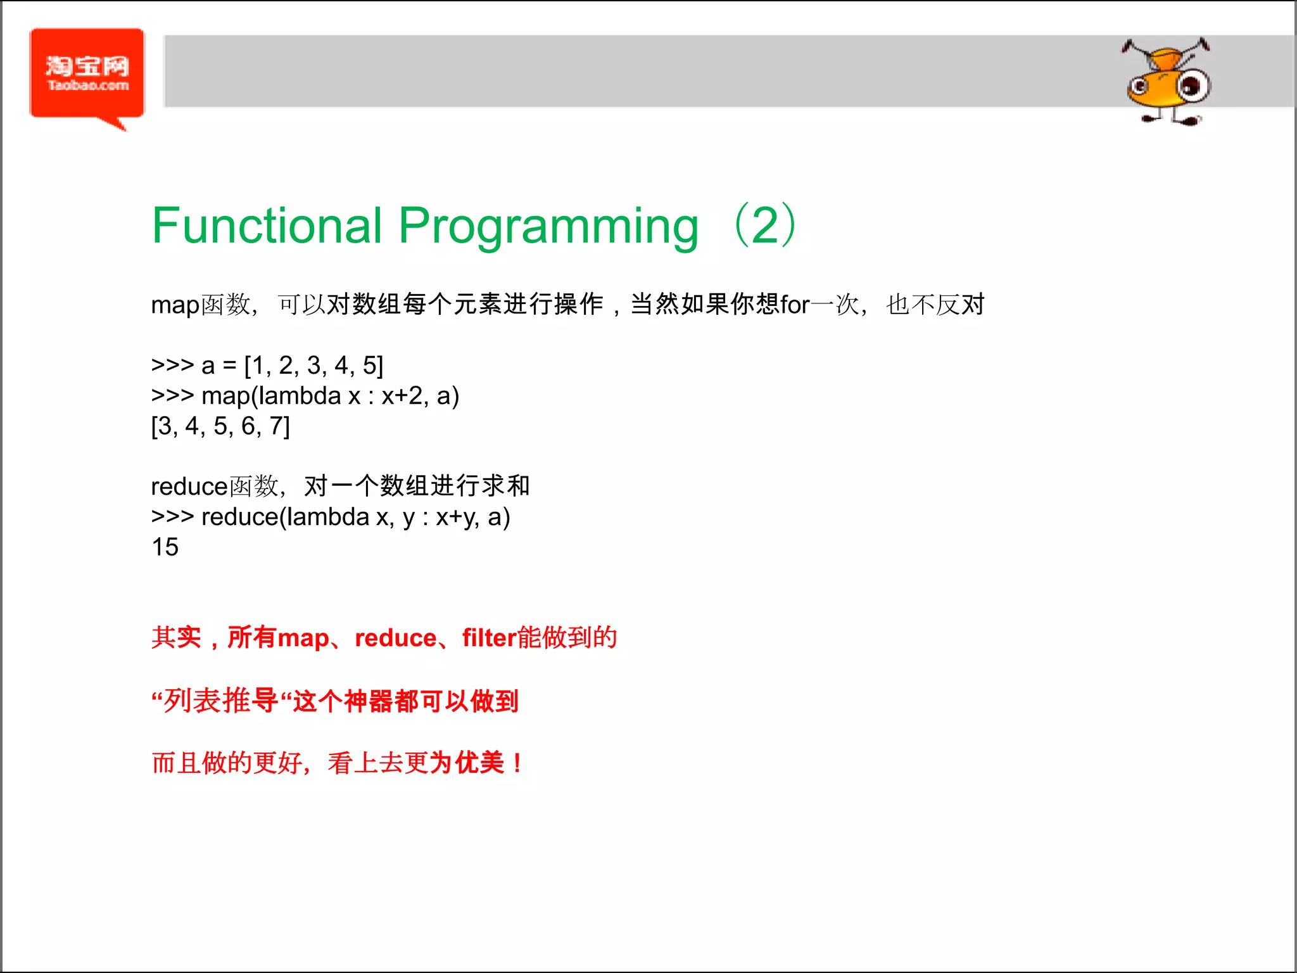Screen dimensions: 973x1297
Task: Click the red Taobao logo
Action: pyautogui.click(x=87, y=75)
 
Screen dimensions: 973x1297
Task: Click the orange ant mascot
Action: pyautogui.click(x=1167, y=82)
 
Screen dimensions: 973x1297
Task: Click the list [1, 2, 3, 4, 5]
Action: pyautogui.click(x=314, y=366)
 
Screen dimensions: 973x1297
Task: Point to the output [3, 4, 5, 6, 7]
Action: pyautogui.click(x=220, y=426)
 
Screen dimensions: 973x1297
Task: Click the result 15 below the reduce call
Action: pyautogui.click(x=165, y=547)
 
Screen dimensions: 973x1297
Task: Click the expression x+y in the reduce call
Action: pyautogui.click(x=456, y=518)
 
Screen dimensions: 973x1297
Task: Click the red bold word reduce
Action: pyautogui.click(x=395, y=638)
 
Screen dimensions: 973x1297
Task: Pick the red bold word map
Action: pyautogui.click(x=303, y=638)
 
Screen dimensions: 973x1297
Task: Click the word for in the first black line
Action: pyautogui.click(x=795, y=305)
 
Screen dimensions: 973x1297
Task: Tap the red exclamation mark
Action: pyautogui.click(x=518, y=763)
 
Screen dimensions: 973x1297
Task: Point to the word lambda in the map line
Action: pyautogui.click(x=300, y=396)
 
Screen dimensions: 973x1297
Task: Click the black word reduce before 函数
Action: pyautogui.click(x=189, y=486)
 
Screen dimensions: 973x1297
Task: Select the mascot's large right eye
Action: pyautogui.click(x=1193, y=86)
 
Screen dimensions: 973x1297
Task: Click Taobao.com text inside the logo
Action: pyautogui.click(x=88, y=86)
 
